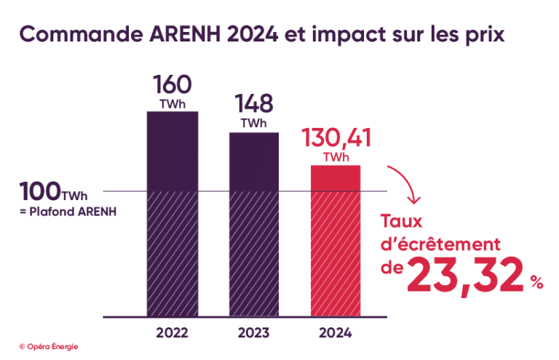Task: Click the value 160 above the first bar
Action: pyautogui.click(x=172, y=84)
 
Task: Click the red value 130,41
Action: pyautogui.click(x=336, y=138)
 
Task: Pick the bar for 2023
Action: pyautogui.click(x=253, y=225)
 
